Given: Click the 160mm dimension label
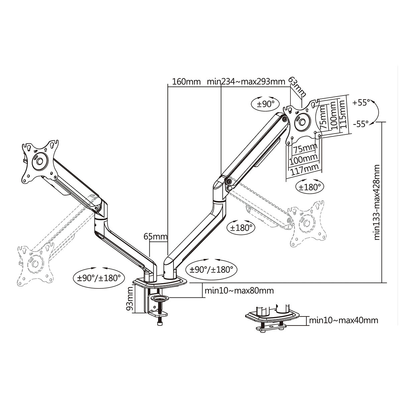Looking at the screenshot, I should point(186,82).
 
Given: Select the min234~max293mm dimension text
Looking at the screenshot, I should point(246,82).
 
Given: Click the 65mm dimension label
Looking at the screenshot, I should point(155,237).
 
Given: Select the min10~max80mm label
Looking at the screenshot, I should point(239,290).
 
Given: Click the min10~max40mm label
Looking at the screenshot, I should point(344,320).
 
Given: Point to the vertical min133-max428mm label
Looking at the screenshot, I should point(377,202).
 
